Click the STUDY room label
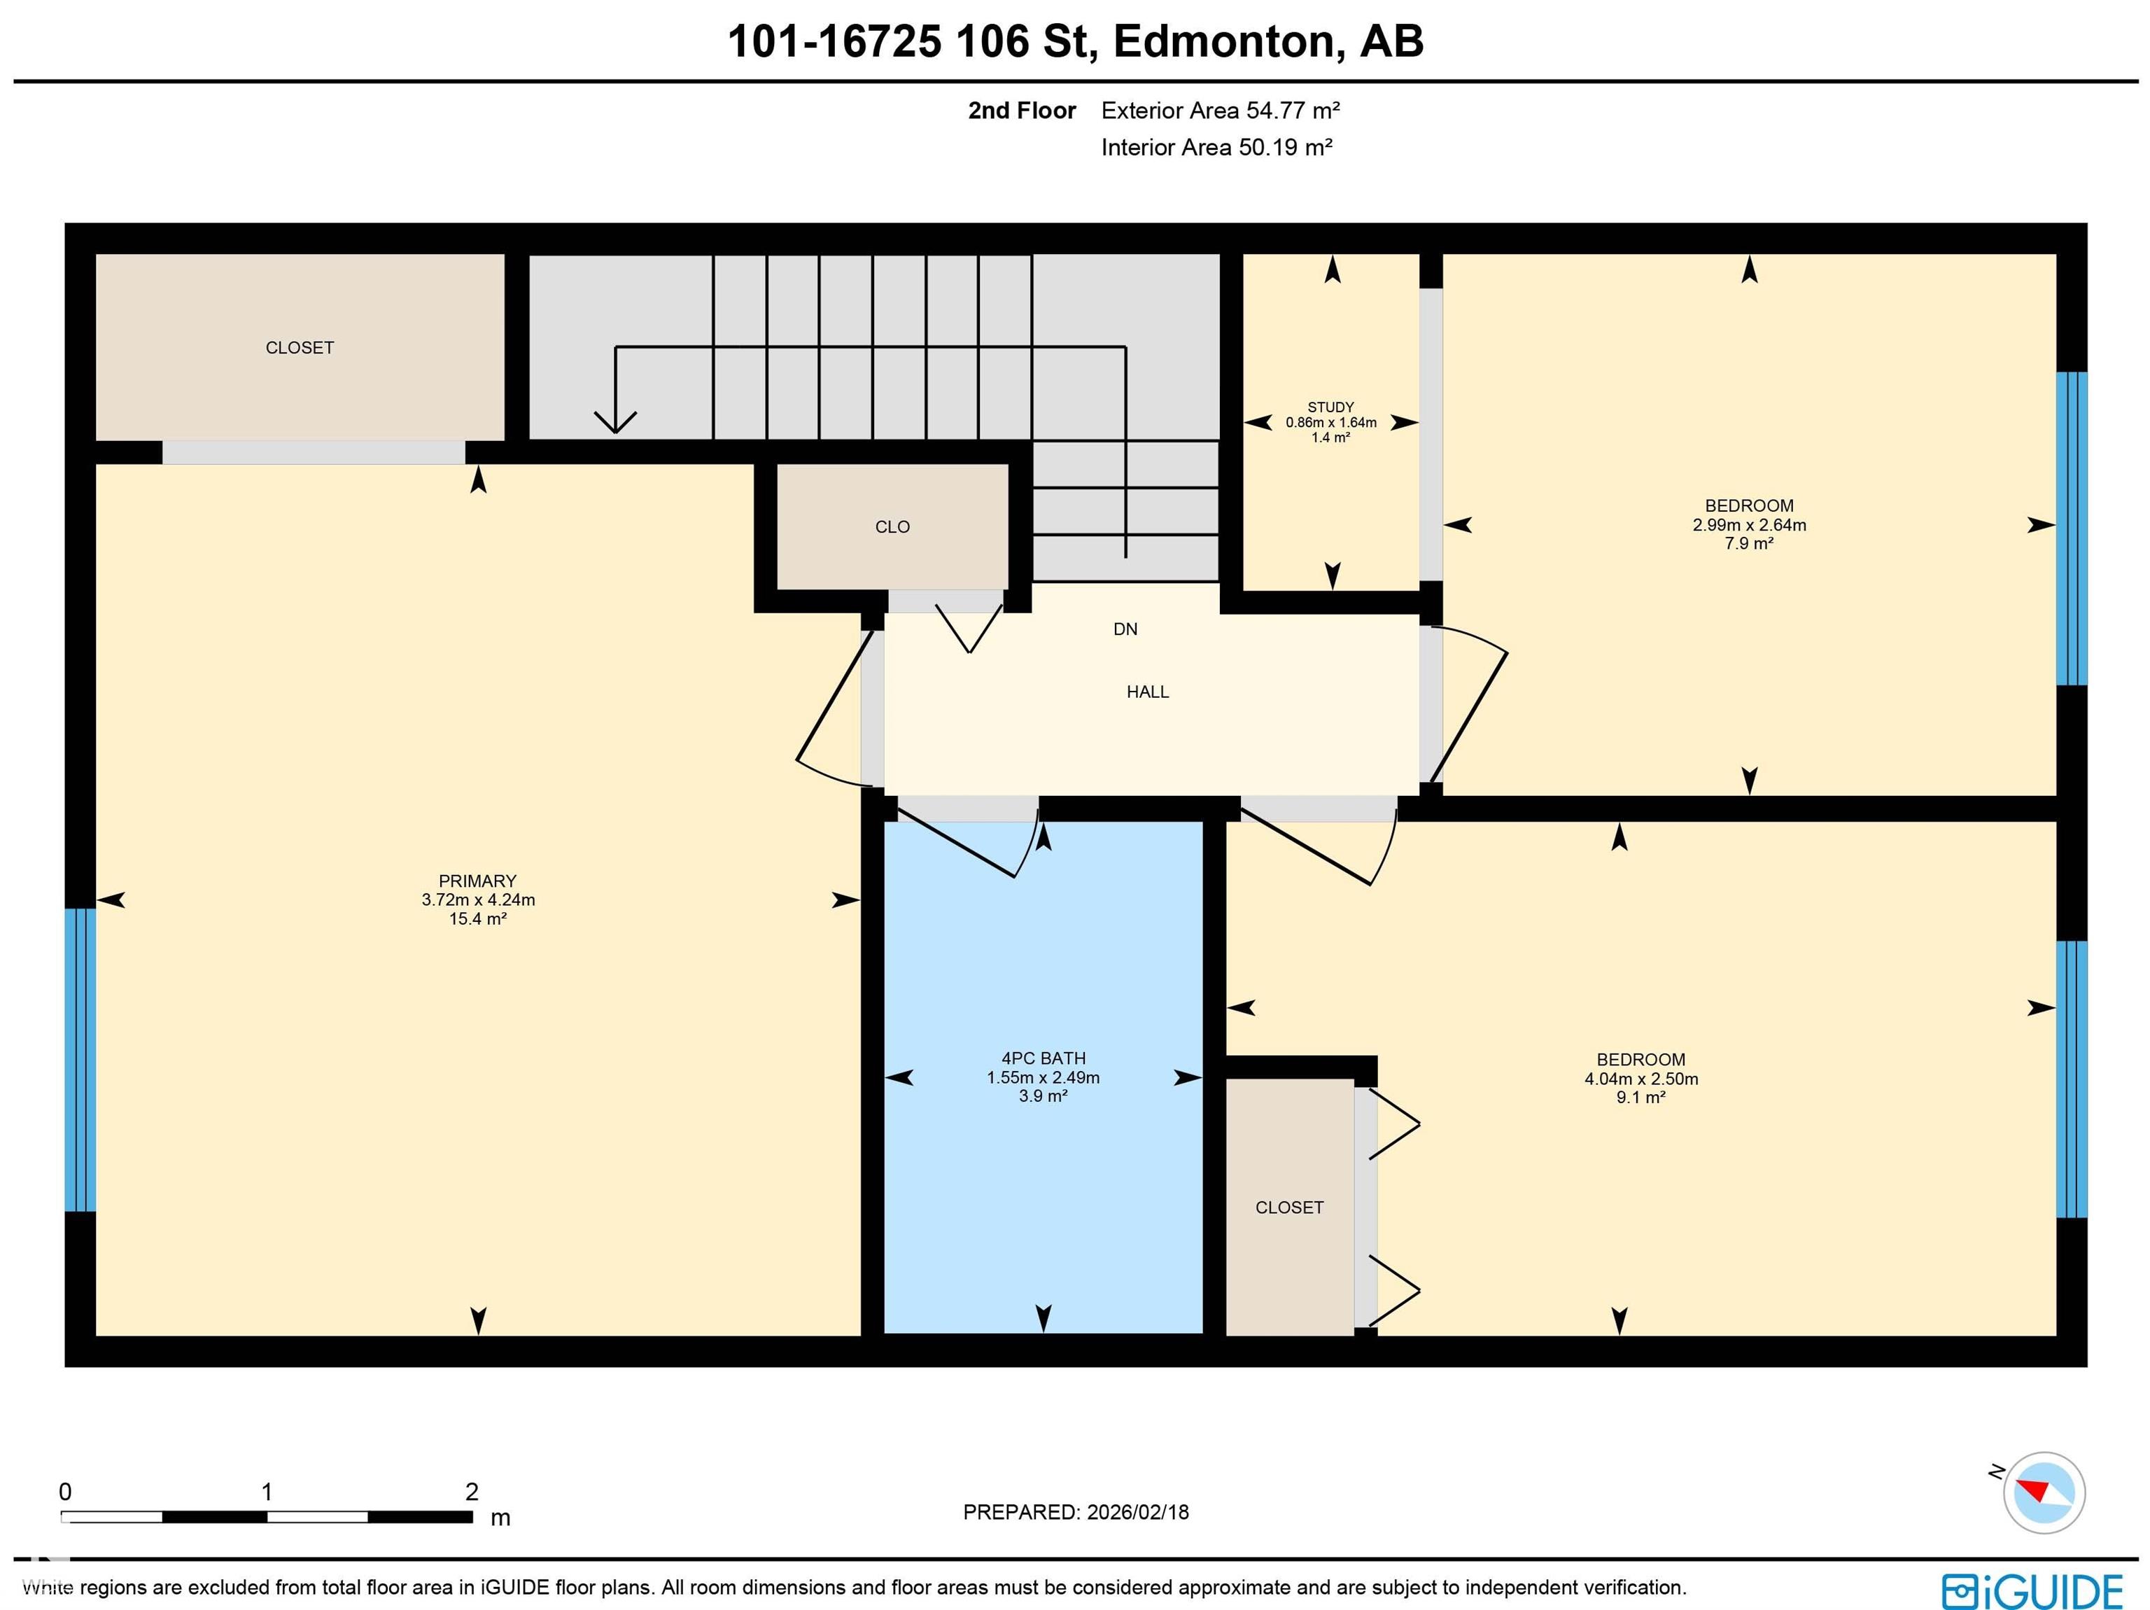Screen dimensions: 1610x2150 pyautogui.click(x=1330, y=407)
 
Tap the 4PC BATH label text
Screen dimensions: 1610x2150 pyautogui.click(x=1043, y=1058)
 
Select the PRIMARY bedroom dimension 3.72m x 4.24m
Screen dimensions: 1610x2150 pyautogui.click(x=477, y=899)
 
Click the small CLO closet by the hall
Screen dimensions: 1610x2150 pyautogui.click(x=892, y=527)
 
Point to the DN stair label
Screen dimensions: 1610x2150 pyautogui.click(x=1125, y=629)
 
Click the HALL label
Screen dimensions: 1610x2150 pyautogui.click(x=1147, y=692)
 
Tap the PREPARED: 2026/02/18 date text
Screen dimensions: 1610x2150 pyautogui.click(x=1075, y=1512)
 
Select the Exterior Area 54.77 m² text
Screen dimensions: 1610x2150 pyautogui.click(x=1220, y=111)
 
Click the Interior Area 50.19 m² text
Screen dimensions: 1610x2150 pyautogui.click(x=1216, y=148)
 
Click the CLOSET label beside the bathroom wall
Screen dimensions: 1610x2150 pyautogui.click(x=1289, y=1207)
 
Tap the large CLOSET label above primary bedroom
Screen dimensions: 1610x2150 pyautogui.click(x=300, y=348)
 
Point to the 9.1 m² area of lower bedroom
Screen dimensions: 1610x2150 pyautogui.click(x=1640, y=1097)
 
